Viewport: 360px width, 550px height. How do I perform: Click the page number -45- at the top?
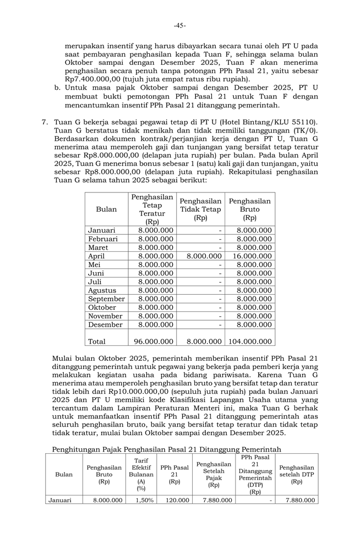[x=179, y=25]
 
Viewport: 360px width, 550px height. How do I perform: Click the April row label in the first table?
[x=96, y=256]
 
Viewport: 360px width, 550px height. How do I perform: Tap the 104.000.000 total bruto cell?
[x=250, y=342]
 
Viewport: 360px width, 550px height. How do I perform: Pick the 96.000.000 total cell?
[x=154, y=342]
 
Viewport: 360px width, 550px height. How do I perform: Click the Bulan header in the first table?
[x=106, y=209]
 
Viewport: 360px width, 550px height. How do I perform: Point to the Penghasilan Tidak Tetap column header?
[x=200, y=209]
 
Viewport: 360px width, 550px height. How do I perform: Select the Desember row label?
[x=105, y=324]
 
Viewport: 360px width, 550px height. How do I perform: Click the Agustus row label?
[x=102, y=290]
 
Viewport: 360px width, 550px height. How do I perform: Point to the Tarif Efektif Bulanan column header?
[x=141, y=474]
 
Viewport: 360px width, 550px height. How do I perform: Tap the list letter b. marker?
[x=57, y=87]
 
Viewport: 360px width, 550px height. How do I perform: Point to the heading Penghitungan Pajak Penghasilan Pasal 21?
[x=166, y=449]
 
